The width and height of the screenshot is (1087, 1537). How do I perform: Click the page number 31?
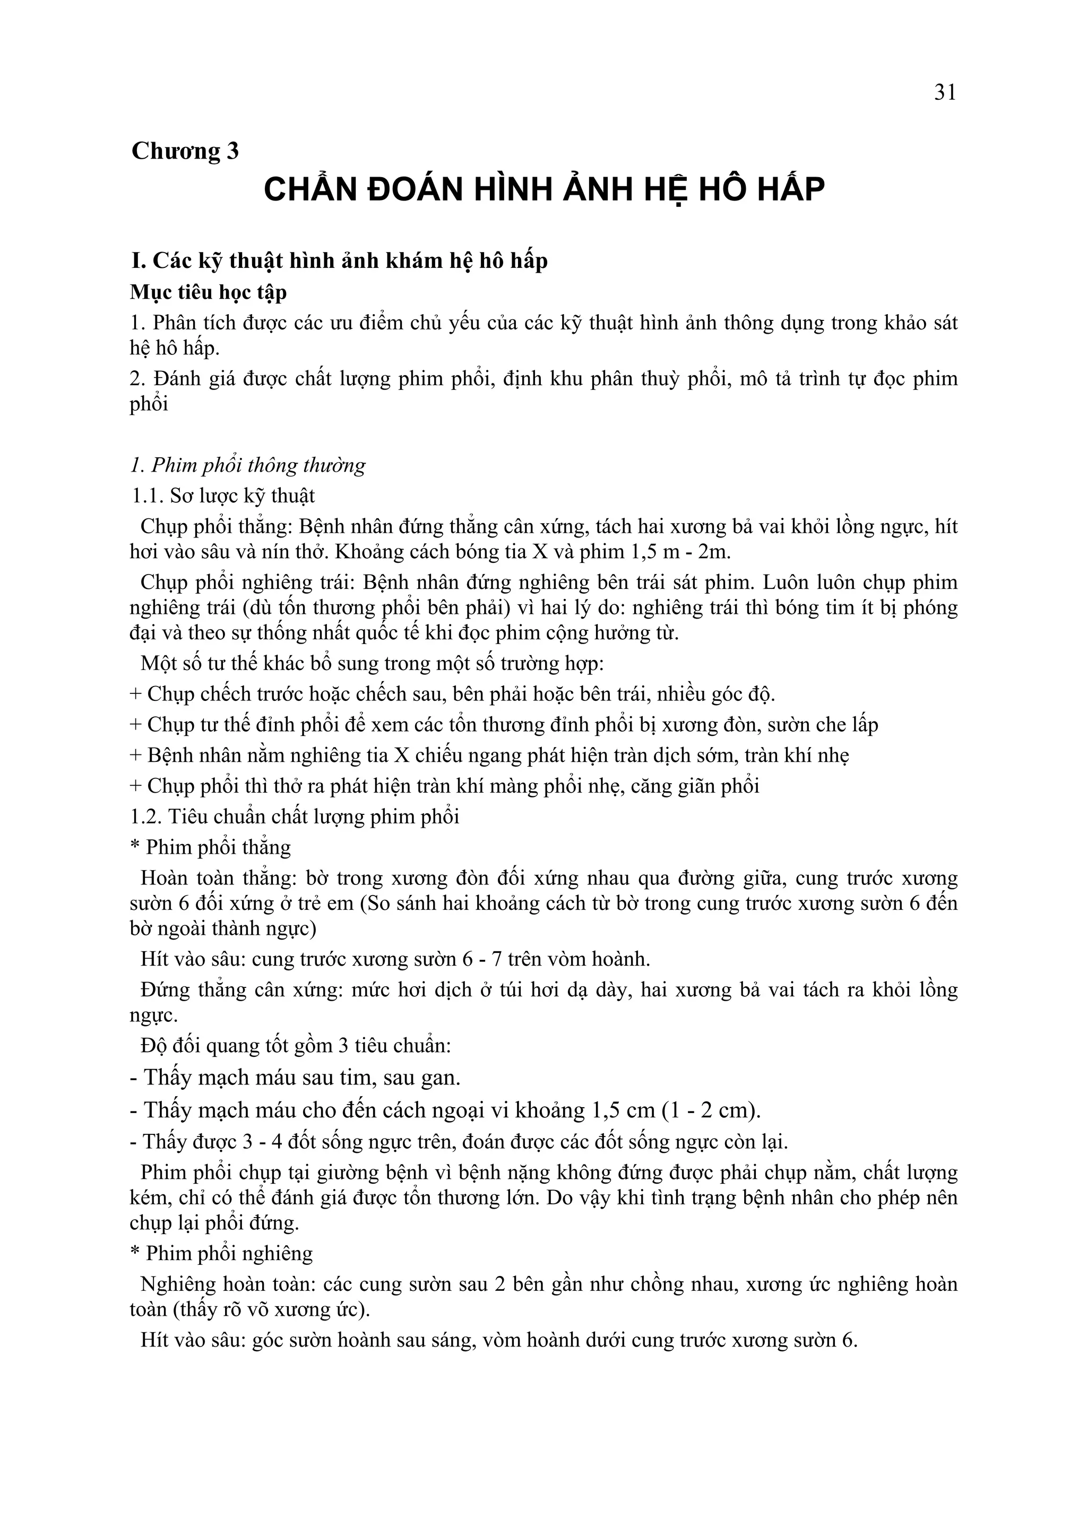coord(945,92)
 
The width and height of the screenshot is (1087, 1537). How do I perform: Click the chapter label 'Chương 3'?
coord(185,151)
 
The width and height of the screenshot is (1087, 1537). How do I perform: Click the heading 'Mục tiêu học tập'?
coord(208,292)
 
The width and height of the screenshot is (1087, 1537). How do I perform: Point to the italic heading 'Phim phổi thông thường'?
coord(258,465)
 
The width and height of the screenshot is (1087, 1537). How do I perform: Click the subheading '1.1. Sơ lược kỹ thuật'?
coord(223,496)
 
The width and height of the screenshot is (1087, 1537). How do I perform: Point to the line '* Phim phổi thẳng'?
coord(210,847)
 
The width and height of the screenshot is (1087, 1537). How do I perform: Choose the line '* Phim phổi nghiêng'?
coord(221,1254)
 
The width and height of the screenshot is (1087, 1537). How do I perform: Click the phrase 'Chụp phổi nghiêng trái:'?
coord(247,583)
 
